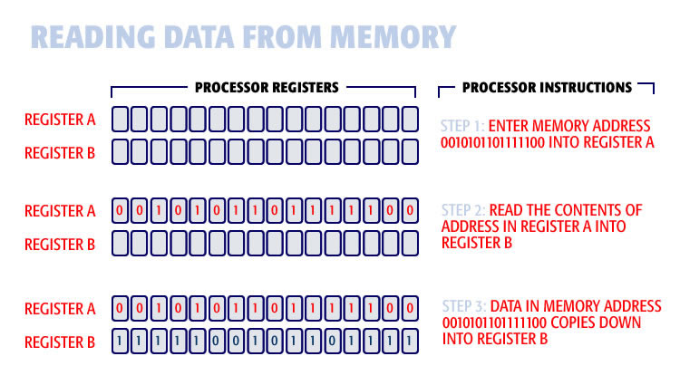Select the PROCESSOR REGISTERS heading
click(x=266, y=88)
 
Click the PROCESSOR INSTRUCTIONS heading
click(x=547, y=88)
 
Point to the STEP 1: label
click(x=465, y=124)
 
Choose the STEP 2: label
click(x=465, y=210)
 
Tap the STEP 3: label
click(x=465, y=306)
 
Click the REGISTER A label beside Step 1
click(x=59, y=119)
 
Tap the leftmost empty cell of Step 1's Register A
click(x=120, y=119)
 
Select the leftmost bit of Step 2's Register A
click(x=120, y=211)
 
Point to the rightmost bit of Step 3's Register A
click(x=410, y=308)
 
